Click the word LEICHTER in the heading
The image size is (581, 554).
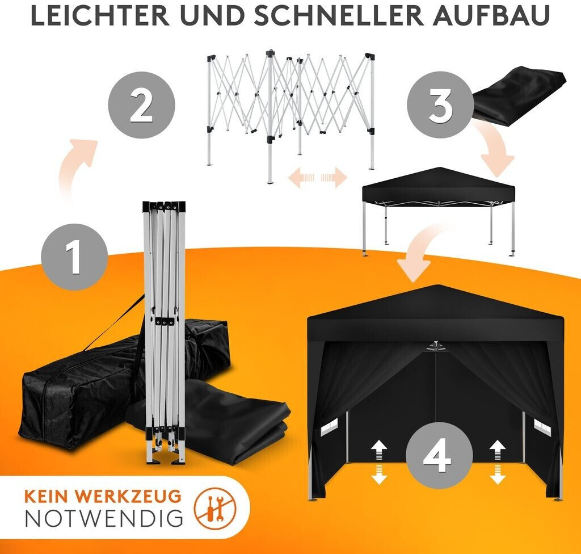point(100,15)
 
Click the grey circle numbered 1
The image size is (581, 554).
point(74,257)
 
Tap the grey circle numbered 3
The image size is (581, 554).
point(440,105)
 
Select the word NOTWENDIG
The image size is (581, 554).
point(104,518)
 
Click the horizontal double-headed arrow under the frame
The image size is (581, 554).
point(318,178)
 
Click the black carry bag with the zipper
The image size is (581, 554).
point(85,385)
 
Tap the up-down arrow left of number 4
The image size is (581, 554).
point(379,462)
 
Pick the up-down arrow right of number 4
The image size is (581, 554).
point(497,462)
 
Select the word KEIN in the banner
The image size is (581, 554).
point(48,496)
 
